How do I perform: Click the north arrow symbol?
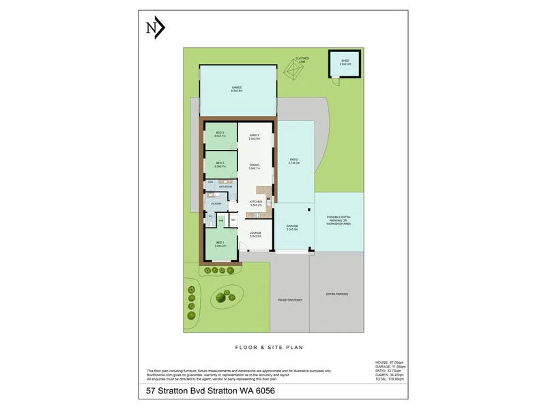pyautogui.click(x=155, y=28)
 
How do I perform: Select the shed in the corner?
pyautogui.click(x=345, y=64)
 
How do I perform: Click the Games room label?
pyautogui.click(x=236, y=89)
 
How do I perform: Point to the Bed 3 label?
pyautogui.click(x=220, y=134)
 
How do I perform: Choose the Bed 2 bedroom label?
pyautogui.click(x=220, y=164)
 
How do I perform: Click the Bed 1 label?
pyautogui.click(x=220, y=245)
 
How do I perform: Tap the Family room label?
pyautogui.click(x=255, y=137)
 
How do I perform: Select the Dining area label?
pyautogui.click(x=255, y=166)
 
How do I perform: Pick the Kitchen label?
pyautogui.click(x=257, y=203)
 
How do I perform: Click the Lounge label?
pyautogui.click(x=256, y=234)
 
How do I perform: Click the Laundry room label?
pyautogui.click(x=216, y=202)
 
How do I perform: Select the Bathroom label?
pyautogui.click(x=226, y=186)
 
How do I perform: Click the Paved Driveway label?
pyautogui.click(x=289, y=300)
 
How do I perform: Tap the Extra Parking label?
pyautogui.click(x=337, y=294)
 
